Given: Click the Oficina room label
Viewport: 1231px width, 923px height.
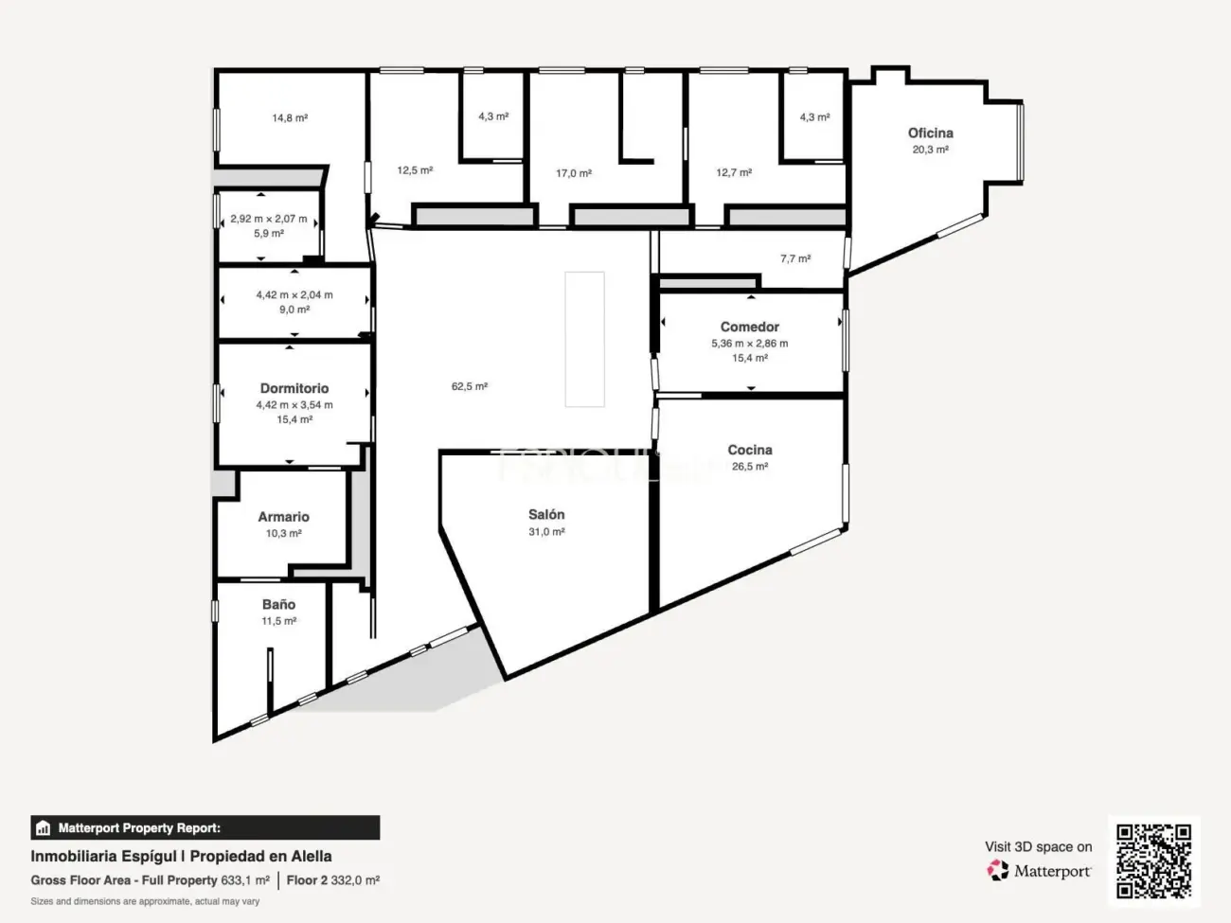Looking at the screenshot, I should [x=930, y=133].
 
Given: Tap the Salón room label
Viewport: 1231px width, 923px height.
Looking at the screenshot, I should [x=546, y=515].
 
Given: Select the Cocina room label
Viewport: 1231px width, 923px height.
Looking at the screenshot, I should [x=749, y=451].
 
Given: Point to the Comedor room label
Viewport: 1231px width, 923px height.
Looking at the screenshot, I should [x=749, y=328].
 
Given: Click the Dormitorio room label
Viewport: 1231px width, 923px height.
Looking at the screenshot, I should [x=294, y=389].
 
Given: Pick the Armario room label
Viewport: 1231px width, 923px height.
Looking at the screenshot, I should [x=283, y=518].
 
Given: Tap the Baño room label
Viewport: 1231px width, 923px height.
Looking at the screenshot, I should [x=278, y=605].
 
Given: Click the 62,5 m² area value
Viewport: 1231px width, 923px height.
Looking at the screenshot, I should [x=470, y=387].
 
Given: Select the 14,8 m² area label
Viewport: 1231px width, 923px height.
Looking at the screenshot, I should [x=290, y=118].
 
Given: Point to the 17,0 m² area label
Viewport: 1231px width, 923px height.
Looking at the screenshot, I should [x=574, y=174].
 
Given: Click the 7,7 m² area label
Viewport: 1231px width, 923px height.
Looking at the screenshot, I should [x=795, y=259].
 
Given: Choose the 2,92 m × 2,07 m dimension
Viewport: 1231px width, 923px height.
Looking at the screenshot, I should [x=269, y=220].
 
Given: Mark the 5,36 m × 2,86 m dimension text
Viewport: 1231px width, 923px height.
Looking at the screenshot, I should [x=749, y=344].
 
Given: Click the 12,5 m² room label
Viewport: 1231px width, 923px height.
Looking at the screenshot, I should [x=415, y=171].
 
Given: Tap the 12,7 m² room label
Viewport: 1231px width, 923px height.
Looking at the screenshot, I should [x=734, y=173].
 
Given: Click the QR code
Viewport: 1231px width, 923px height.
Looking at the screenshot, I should [x=1153, y=861].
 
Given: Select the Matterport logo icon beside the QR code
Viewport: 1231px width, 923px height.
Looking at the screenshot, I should [x=998, y=871].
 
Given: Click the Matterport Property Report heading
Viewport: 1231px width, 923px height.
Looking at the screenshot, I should [x=139, y=828].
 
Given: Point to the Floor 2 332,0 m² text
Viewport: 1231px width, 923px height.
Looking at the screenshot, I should [x=333, y=880].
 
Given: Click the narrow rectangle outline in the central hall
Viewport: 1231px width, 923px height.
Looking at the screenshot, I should [x=584, y=340].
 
